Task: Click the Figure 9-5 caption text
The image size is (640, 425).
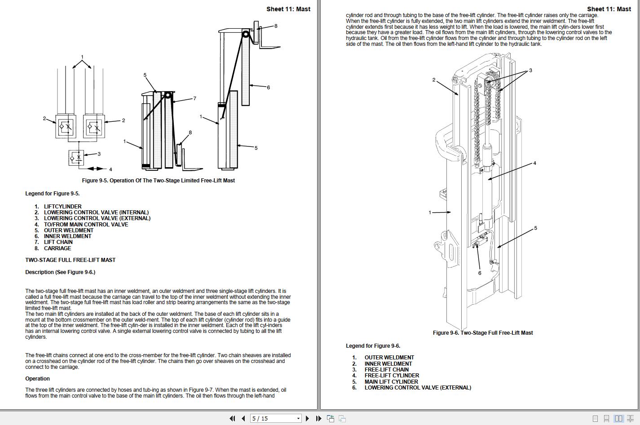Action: point(158,181)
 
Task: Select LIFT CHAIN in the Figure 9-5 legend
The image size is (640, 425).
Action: point(58,242)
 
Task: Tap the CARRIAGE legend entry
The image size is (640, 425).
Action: point(57,248)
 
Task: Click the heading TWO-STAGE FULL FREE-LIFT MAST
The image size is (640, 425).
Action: point(70,260)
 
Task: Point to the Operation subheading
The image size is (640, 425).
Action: point(37,379)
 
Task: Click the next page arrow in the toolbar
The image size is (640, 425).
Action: point(307,418)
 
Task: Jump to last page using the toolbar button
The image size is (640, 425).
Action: point(318,418)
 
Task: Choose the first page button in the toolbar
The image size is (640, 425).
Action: point(232,418)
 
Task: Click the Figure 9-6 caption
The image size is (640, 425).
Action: point(483,333)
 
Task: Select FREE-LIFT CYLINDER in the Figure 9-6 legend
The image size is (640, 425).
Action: point(392,376)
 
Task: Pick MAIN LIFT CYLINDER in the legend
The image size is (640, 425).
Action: point(391,382)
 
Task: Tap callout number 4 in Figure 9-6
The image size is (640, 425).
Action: point(534,163)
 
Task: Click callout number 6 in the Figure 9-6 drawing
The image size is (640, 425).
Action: point(480,273)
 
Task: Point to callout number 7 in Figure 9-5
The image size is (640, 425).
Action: point(194,98)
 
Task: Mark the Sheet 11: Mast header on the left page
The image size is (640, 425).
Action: point(288,9)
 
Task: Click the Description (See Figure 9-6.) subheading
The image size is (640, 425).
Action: point(60,272)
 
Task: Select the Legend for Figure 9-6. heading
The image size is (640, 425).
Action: point(373,346)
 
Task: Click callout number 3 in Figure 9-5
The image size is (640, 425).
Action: point(99,154)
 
